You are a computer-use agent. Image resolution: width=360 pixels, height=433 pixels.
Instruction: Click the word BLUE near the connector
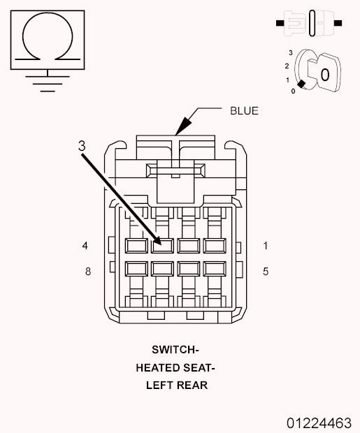coord(244,111)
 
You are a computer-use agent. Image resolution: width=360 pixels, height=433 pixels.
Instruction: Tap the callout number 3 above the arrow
coord(82,146)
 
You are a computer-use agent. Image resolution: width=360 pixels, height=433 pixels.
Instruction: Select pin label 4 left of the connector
coord(85,246)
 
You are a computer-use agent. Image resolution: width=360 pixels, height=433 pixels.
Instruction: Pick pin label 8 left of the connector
coord(88,272)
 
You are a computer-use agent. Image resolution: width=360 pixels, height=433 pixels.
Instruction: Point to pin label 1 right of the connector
coord(266,246)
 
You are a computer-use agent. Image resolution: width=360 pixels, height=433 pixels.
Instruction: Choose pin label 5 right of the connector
coord(266,272)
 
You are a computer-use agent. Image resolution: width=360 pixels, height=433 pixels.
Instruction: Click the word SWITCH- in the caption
coord(175,350)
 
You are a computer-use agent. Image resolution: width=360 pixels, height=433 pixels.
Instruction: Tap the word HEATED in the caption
coord(154,368)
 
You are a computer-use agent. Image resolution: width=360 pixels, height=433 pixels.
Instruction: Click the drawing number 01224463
coord(319,423)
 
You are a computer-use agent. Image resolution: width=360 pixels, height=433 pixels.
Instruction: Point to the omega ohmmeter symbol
coord(48,36)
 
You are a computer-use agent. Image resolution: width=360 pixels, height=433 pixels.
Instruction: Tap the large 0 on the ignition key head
coord(325,75)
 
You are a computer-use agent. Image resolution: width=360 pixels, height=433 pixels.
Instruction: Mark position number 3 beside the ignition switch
coord(291,52)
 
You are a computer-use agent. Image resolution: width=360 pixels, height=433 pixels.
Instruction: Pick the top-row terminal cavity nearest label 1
coord(215,246)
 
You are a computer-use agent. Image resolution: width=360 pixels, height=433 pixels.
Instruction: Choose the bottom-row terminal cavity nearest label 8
coord(136,269)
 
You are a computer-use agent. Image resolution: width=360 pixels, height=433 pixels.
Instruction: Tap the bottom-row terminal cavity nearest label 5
coord(215,269)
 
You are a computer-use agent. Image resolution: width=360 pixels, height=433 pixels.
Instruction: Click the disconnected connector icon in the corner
coord(309,23)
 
